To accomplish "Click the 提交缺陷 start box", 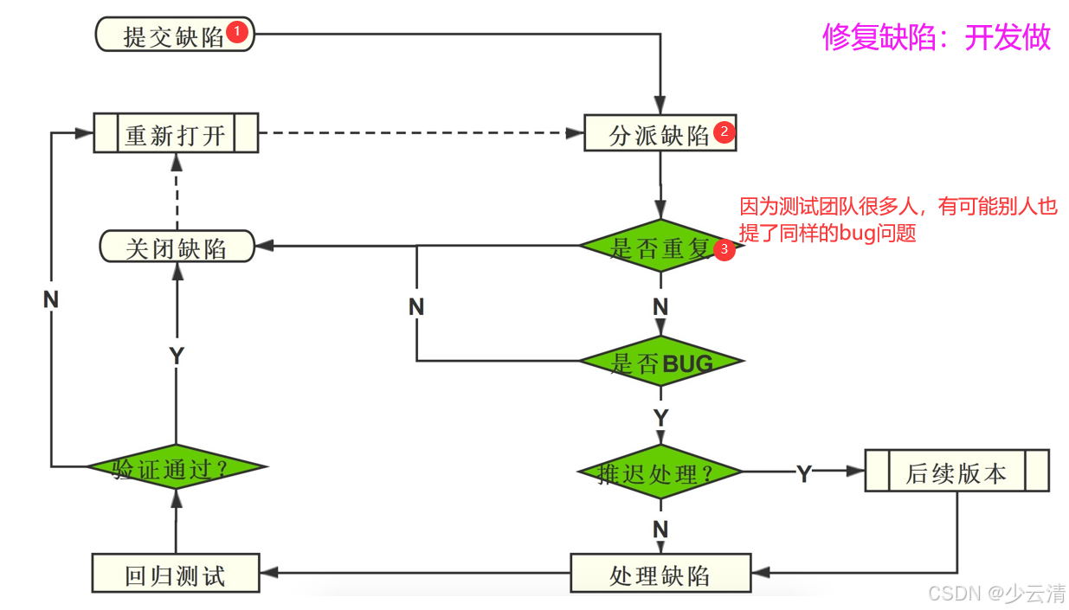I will coord(174,36).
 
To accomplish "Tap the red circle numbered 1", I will coord(237,34).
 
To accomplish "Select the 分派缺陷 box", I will coord(660,134).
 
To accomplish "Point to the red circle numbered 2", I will coord(724,132).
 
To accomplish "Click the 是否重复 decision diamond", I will coord(660,247).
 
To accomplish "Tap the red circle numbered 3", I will coord(724,249).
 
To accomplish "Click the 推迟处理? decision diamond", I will coord(660,472).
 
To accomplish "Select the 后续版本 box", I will coord(956,472).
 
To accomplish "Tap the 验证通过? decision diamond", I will coord(177,467).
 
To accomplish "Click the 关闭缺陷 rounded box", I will coord(177,247).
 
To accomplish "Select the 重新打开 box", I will coord(176,134).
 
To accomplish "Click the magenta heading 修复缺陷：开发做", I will coord(937,37).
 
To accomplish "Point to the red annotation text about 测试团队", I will coord(898,220).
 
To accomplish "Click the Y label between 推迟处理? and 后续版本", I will coord(804,473).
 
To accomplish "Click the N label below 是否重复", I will coord(660,306).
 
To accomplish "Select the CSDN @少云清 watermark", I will coord(996,593).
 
